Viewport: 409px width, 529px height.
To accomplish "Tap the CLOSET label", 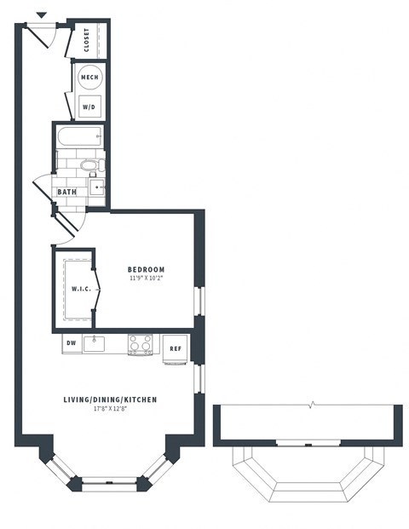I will tap(88, 39).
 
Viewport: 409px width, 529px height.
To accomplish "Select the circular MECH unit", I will tap(89, 78).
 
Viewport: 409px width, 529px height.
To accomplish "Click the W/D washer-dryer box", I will tap(89, 107).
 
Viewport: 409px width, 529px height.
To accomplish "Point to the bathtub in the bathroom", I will tap(79, 136).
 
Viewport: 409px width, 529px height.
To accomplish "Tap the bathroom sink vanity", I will tap(97, 187).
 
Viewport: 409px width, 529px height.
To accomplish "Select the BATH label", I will tap(66, 192).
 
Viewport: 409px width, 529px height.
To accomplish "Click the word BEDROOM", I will tap(147, 269).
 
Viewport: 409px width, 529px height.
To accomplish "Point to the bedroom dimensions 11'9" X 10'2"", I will tap(147, 279).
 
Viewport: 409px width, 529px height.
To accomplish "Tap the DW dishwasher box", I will tap(71, 344).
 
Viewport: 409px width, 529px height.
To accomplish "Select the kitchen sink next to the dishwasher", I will tap(95, 344).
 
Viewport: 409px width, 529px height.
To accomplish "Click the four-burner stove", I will tap(140, 344).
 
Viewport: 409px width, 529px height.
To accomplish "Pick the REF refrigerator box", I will tap(175, 349).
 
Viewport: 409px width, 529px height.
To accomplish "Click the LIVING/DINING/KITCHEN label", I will tap(110, 400).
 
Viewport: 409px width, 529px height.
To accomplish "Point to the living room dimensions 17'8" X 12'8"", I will tap(110, 410).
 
